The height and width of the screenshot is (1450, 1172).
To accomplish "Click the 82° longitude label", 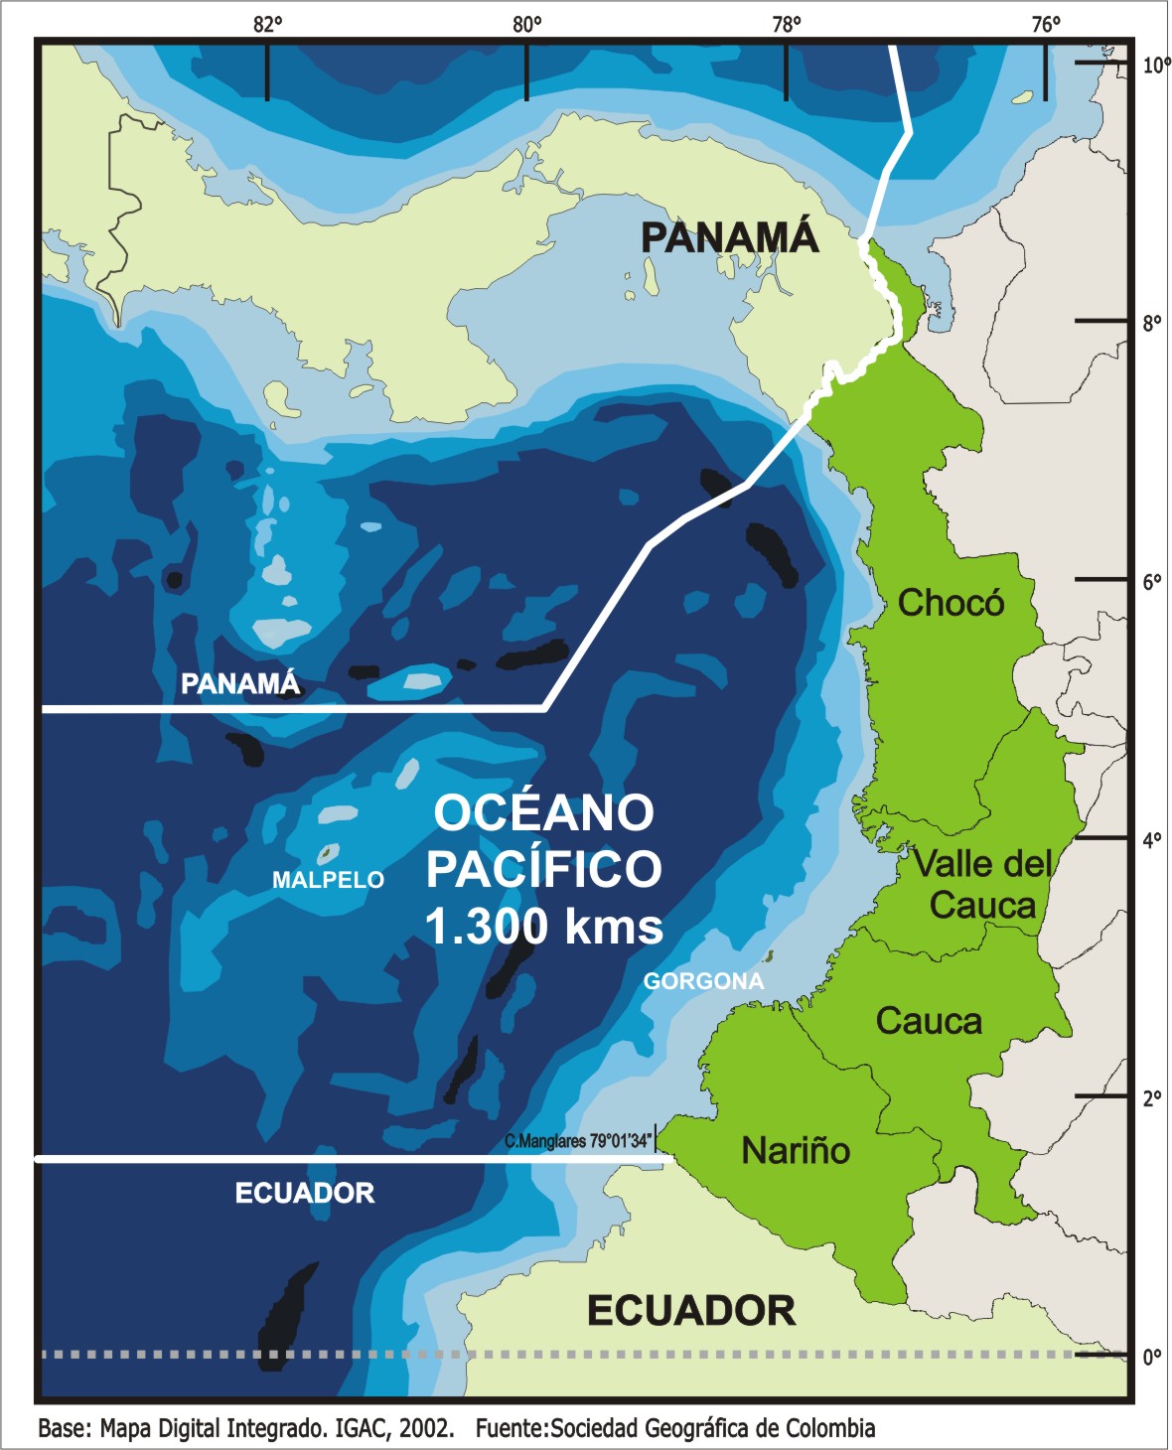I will tap(267, 25).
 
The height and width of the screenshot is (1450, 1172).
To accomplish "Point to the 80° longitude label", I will tap(527, 25).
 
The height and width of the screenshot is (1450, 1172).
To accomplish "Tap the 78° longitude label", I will tap(787, 25).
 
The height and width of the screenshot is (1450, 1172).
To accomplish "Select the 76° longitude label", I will tap(1045, 25).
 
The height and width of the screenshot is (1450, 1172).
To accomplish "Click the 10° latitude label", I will tap(1155, 66).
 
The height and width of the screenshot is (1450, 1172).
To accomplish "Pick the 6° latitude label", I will tap(1152, 582).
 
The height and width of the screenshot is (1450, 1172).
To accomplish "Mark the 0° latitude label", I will tap(1152, 1357).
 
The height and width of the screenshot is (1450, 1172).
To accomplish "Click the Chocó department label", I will tap(951, 603).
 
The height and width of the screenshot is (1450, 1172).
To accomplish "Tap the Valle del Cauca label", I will tap(981, 884).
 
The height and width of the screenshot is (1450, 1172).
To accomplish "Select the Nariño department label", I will tap(796, 1150).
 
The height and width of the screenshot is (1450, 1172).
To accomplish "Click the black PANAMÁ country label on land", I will tap(729, 237).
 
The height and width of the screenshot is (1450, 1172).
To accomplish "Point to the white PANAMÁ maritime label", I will tap(239, 683).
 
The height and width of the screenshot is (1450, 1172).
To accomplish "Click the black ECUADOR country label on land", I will tap(691, 1311).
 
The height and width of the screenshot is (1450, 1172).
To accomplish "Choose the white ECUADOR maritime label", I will tap(305, 1193).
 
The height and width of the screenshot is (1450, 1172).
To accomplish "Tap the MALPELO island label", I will tap(328, 880).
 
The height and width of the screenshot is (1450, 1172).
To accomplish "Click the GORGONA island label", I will tap(703, 981).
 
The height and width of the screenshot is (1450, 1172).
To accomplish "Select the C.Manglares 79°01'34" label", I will tap(578, 1141).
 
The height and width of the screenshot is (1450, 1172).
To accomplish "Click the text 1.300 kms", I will tap(543, 927).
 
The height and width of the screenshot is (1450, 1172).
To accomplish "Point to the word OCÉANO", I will tap(544, 812).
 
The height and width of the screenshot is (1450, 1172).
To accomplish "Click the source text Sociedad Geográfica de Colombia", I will tap(712, 1428).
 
